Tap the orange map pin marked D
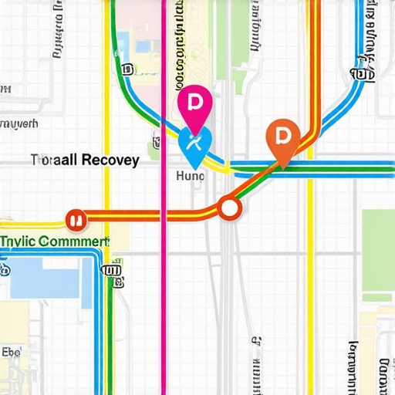click(282, 137)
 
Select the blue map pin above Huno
click(194, 144)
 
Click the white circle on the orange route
click(229, 208)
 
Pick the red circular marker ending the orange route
click(76, 220)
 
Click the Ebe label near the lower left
click(12, 352)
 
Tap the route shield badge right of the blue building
click(113, 271)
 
